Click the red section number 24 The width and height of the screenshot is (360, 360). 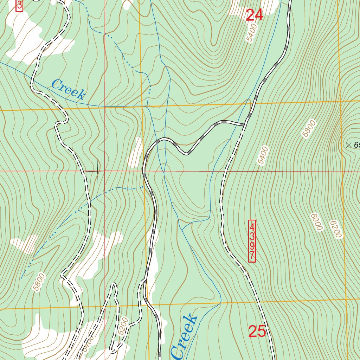(254, 15)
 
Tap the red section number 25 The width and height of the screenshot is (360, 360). (257, 332)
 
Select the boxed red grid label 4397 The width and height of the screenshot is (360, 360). (252, 241)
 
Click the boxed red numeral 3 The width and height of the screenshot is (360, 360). (19, 5)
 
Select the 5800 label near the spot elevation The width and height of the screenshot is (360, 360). (309, 128)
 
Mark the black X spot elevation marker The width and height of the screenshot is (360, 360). (348, 144)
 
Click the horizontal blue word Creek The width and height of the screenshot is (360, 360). (68, 89)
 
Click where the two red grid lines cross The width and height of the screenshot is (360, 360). (104, 171)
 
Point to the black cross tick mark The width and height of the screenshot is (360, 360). (97, 171)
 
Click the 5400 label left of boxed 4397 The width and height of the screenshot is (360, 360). (263, 156)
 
